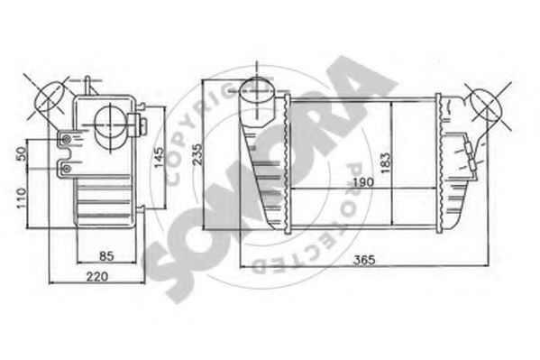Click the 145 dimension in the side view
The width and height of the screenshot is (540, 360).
click(158, 154)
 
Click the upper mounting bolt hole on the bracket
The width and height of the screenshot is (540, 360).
click(66, 139)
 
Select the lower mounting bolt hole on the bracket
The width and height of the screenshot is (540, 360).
click(66, 167)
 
